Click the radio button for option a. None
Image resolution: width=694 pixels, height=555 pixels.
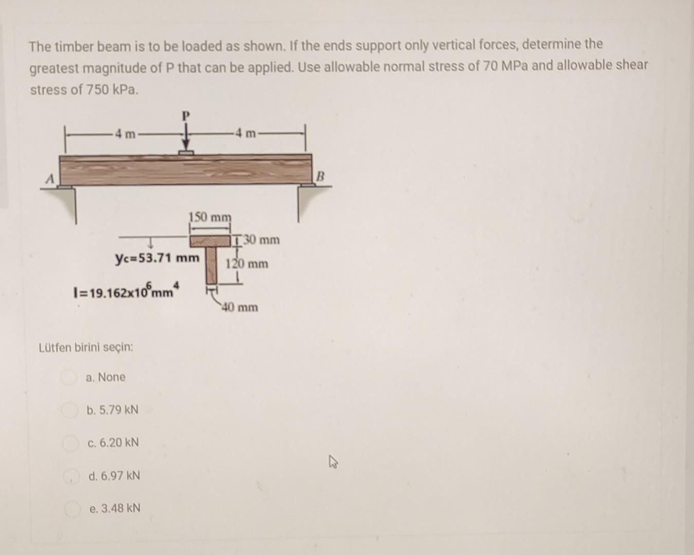point(68,378)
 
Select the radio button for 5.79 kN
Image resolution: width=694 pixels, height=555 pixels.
point(68,410)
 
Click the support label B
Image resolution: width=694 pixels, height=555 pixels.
point(320,177)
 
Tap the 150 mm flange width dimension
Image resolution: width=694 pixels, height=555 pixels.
point(210,217)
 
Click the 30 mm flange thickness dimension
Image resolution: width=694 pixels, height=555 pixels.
point(261,240)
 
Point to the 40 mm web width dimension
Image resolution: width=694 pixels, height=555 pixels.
point(240,308)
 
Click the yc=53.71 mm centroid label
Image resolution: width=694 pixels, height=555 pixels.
point(157,257)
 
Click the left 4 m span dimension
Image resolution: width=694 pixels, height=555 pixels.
point(125,135)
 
